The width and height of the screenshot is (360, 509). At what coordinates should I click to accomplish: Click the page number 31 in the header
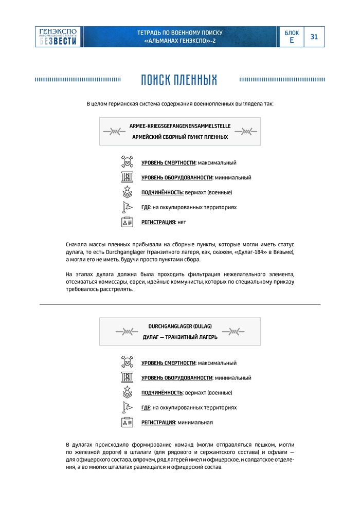(x=314, y=37)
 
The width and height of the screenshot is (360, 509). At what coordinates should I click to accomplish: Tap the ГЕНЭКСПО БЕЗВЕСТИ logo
(x=58, y=37)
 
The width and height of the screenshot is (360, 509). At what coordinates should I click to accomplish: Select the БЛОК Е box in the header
(x=292, y=37)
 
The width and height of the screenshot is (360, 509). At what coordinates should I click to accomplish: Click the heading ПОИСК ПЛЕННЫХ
(x=179, y=80)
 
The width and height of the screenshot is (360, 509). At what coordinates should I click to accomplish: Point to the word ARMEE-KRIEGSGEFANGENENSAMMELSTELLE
(x=180, y=125)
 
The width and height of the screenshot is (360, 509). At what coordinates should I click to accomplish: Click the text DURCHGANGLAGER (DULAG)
(x=180, y=326)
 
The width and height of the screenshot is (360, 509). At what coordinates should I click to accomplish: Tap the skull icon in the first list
(x=127, y=162)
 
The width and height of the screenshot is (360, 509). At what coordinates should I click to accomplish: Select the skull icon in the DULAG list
(x=127, y=362)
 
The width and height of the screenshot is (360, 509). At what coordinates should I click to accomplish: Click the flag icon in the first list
(x=127, y=207)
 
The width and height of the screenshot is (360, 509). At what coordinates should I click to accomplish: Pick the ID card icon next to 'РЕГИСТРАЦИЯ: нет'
(x=127, y=222)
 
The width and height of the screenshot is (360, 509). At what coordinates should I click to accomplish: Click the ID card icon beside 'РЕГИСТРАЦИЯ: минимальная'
(x=127, y=422)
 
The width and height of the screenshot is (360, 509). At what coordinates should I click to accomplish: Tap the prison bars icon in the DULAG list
(x=127, y=377)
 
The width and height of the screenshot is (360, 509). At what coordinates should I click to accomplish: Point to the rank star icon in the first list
(x=127, y=192)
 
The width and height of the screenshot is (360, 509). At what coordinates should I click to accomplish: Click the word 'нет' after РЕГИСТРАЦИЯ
(x=182, y=222)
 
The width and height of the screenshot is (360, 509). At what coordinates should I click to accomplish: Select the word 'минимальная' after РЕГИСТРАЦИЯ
(x=195, y=422)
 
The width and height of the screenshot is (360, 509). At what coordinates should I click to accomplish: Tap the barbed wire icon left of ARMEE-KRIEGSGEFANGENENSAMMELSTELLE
(x=115, y=132)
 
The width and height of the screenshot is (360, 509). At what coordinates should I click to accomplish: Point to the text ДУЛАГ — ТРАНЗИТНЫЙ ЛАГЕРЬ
(x=180, y=337)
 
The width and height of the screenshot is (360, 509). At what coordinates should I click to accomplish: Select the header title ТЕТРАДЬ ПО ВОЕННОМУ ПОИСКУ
(x=180, y=32)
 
